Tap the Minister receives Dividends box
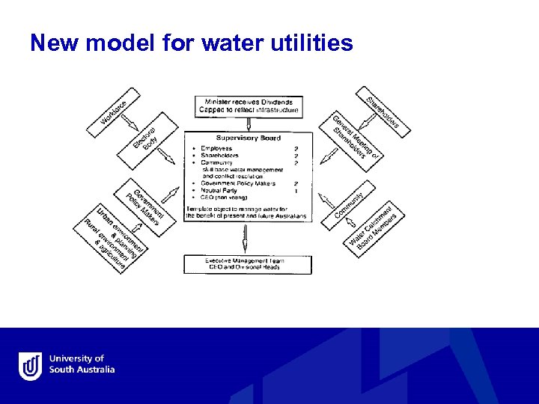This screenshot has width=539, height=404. [249, 106]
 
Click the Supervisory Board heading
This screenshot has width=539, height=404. [248, 138]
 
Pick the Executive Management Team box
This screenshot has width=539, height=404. [248, 264]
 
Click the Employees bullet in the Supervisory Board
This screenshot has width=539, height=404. [218, 149]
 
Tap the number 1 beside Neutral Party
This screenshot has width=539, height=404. [297, 190]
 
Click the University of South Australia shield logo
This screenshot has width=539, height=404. [30, 365]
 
